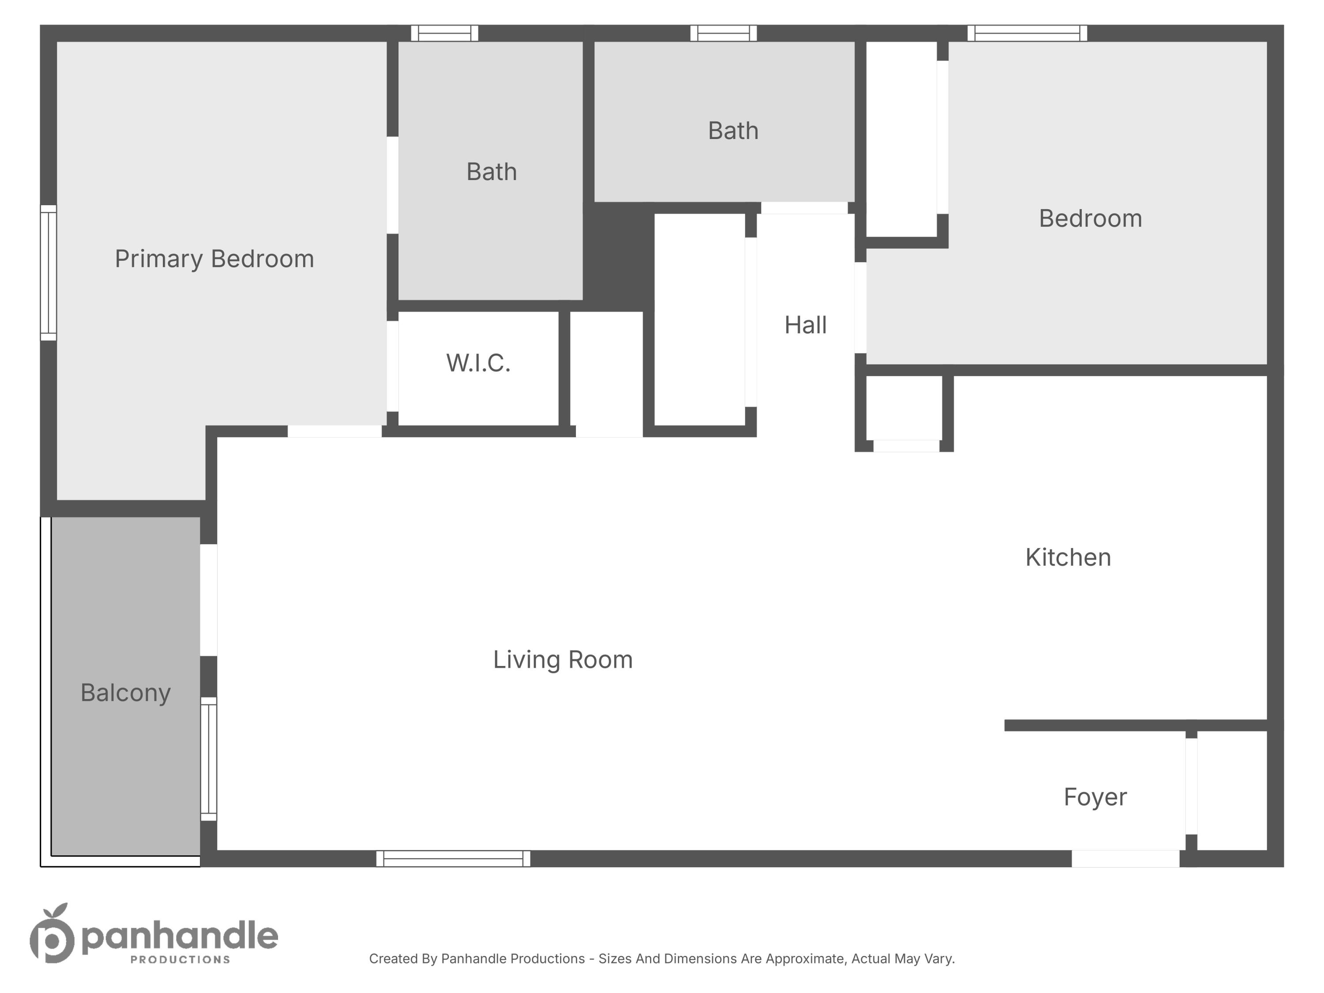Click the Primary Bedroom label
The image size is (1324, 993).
214,259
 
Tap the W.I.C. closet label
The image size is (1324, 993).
478,363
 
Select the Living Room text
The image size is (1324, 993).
563,660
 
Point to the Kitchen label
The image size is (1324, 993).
1068,557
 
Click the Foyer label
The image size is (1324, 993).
1095,797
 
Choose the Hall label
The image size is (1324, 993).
805,325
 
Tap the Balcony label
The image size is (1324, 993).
126,692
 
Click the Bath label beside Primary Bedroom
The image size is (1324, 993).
491,172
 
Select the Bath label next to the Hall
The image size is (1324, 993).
733,131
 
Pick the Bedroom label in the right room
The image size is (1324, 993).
1090,218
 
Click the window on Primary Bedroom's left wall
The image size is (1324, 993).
49,272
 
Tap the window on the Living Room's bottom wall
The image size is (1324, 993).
453,858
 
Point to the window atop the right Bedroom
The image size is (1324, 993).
1027,33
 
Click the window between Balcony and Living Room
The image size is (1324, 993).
208,758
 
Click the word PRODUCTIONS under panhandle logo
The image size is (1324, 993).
180,960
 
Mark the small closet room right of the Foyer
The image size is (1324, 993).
1231,790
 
